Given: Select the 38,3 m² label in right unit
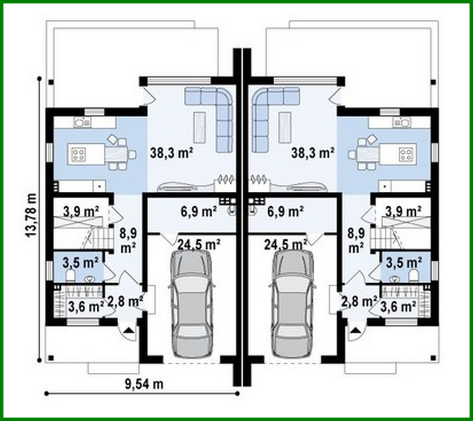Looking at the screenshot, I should (x=313, y=153).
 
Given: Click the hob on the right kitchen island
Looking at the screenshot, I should (x=405, y=154).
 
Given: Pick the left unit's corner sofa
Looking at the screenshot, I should (x=215, y=115).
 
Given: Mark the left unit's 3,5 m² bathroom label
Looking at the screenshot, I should (x=81, y=263).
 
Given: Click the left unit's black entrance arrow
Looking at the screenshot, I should (x=129, y=330).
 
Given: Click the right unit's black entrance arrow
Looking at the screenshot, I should (x=356, y=330).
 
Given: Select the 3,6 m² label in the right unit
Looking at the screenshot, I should (x=399, y=306).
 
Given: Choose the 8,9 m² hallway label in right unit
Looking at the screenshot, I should (x=356, y=240).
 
